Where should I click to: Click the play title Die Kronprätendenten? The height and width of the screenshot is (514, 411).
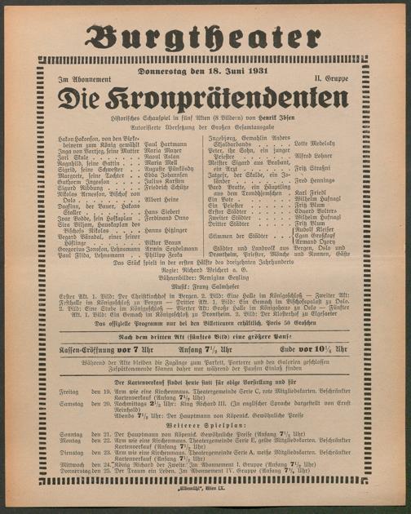click(x=205, y=100)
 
